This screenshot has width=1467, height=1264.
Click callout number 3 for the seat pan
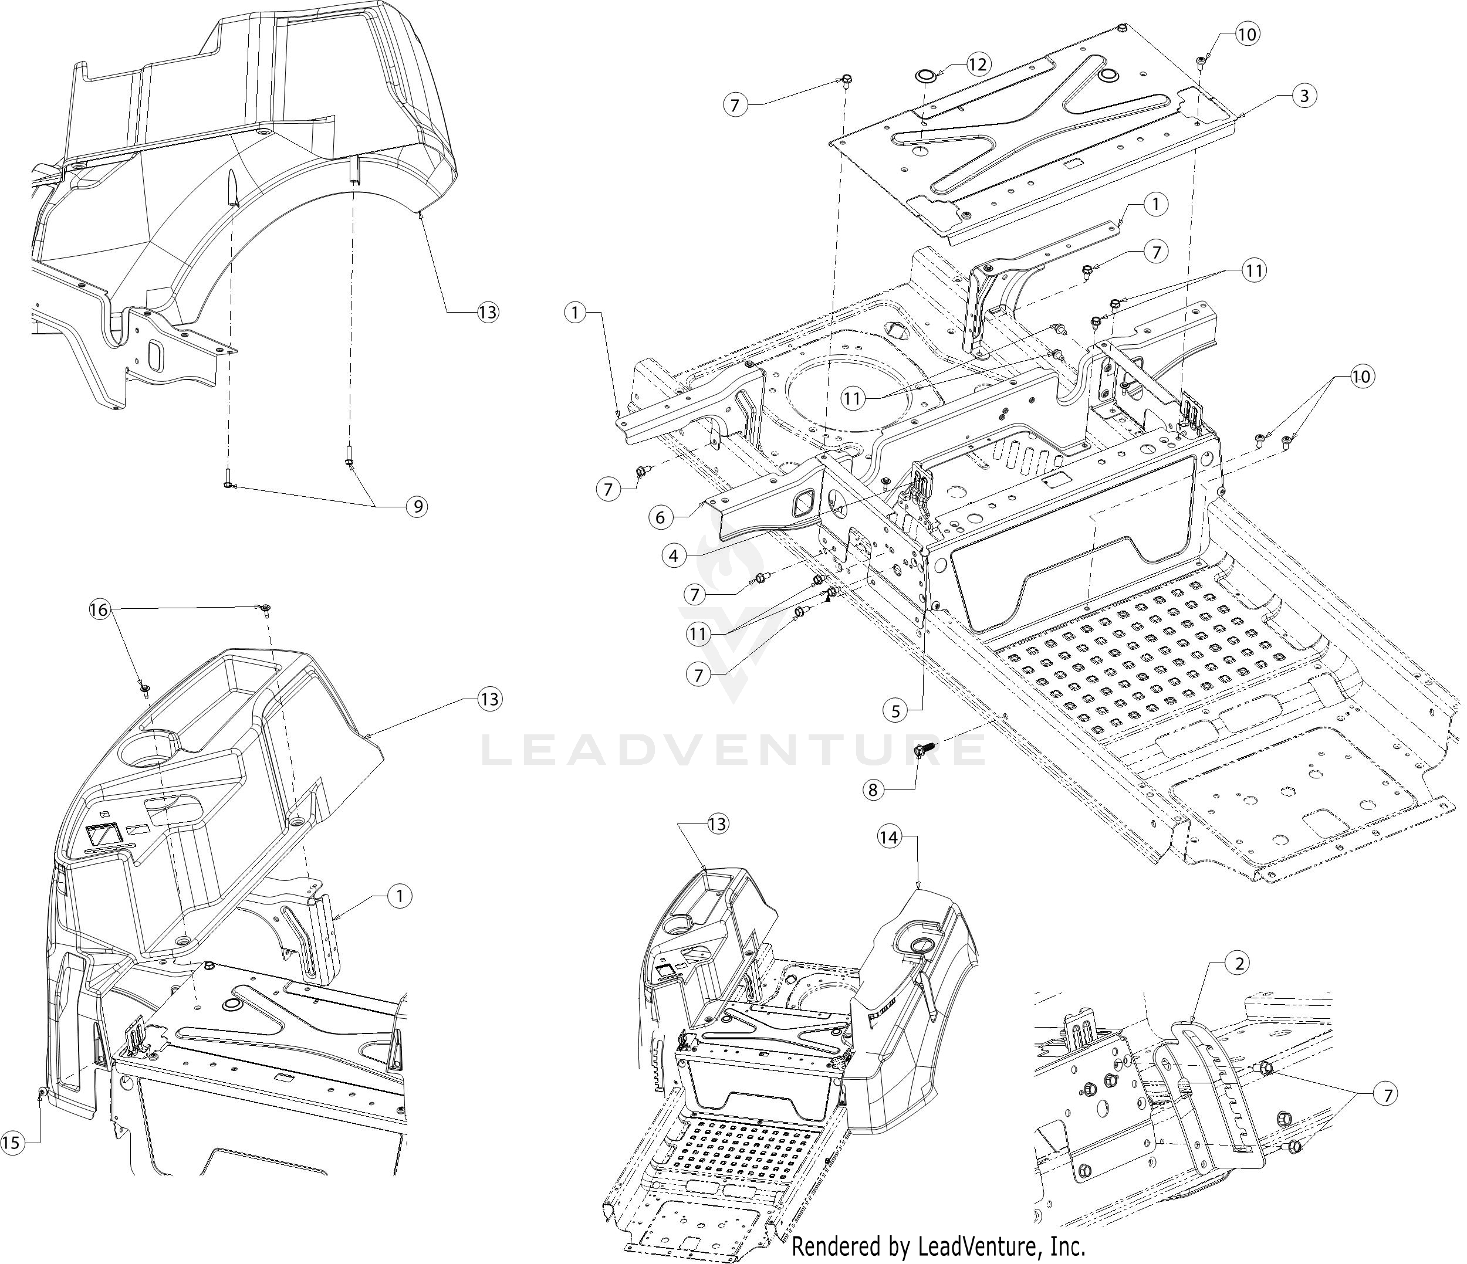1304,96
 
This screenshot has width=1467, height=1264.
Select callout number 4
673,555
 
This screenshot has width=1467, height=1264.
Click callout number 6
660,517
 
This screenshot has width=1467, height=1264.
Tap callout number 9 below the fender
417,506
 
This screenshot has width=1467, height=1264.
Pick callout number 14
888,837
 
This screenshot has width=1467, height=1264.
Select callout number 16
100,609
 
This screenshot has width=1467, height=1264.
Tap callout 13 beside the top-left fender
488,311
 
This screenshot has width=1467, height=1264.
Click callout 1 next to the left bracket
576,312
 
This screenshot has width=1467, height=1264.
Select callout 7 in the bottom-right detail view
1386,1095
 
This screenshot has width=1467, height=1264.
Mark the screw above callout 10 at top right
1202,60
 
